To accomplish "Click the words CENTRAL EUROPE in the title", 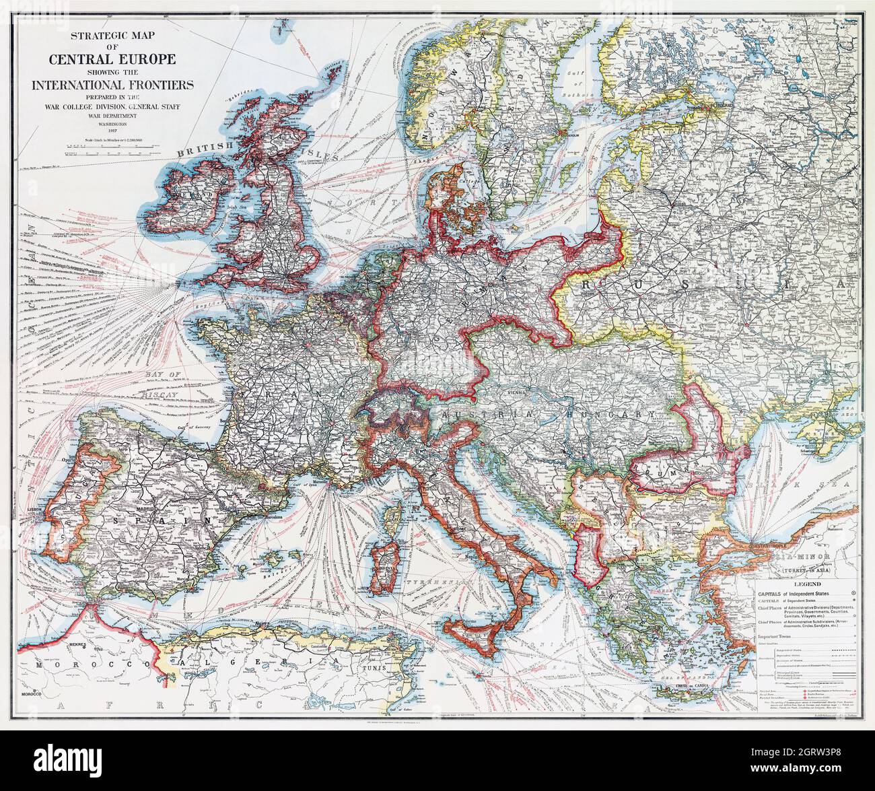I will (x=112, y=59).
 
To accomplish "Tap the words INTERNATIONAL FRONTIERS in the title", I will (x=112, y=85).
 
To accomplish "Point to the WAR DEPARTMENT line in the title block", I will (x=112, y=115).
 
